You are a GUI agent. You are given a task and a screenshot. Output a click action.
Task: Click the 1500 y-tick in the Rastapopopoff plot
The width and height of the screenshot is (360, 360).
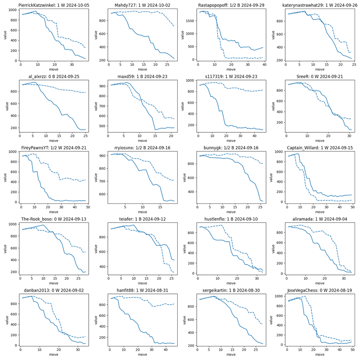coord(191,21)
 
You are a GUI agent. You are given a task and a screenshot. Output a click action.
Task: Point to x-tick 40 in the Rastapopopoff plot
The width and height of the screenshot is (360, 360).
coord(265,65)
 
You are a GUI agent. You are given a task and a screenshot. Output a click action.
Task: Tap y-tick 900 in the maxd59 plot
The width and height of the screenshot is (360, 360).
coord(102,85)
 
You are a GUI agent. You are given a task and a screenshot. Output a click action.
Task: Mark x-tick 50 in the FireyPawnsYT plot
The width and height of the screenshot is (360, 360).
coord(88,207)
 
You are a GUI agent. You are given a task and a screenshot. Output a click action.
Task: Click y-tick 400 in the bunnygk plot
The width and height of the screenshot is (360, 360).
coord(191,192)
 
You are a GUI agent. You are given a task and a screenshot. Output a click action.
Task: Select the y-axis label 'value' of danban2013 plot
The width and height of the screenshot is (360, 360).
coord(5,320)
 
